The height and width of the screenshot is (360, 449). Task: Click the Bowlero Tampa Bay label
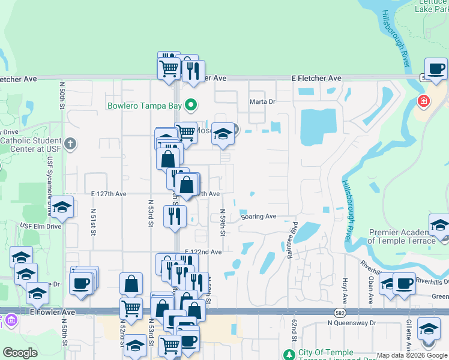[144, 106]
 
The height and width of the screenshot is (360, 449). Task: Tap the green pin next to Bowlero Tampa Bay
[191, 106]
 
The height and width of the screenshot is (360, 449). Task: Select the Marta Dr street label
[262, 102]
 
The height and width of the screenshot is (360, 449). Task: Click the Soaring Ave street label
[259, 217]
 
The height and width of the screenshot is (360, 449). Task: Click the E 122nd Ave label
[203, 252]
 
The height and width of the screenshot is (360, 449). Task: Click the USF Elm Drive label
[40, 226]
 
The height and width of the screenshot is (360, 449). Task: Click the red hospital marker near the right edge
[424, 101]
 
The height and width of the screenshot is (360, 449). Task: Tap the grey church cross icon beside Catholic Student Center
[71, 143]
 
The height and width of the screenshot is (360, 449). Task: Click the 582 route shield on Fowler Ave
[339, 313]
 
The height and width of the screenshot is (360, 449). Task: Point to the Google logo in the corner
[20, 353]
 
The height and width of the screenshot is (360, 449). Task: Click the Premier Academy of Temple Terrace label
[401, 236]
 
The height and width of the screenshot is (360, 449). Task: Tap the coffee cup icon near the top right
[436, 69]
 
